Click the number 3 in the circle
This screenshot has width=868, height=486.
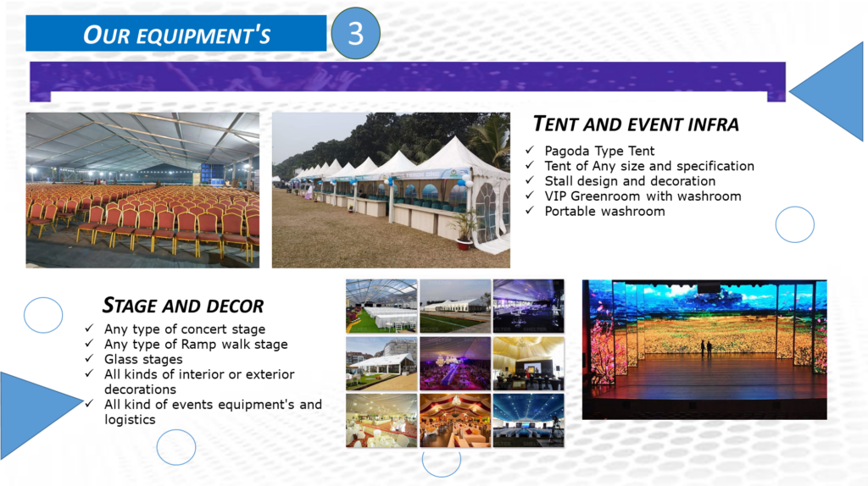[x=355, y=33]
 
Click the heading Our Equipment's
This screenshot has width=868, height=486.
[x=176, y=35]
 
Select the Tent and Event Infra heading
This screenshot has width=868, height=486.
[x=636, y=124]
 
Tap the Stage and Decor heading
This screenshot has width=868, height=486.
[x=183, y=305]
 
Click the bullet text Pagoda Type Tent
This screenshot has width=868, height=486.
[x=599, y=151]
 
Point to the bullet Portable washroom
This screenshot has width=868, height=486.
[x=604, y=211]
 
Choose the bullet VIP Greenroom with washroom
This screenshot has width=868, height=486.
[x=643, y=196]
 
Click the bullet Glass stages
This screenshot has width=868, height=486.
[x=143, y=359]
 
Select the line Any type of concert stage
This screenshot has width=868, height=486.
[x=185, y=329]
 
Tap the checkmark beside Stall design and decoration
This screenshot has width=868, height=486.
[x=530, y=180]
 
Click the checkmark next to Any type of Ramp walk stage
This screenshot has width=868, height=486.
[x=89, y=344]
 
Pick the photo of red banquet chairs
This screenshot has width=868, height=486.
[x=142, y=191]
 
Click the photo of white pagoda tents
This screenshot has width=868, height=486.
[x=391, y=191]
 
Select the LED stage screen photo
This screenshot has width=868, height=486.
[x=704, y=350]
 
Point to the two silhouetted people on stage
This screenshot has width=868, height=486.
[x=706, y=348]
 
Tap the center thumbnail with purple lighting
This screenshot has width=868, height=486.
[x=455, y=364]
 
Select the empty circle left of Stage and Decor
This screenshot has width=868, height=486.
[x=43, y=315]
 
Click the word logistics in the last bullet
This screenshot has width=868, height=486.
[x=130, y=420]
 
